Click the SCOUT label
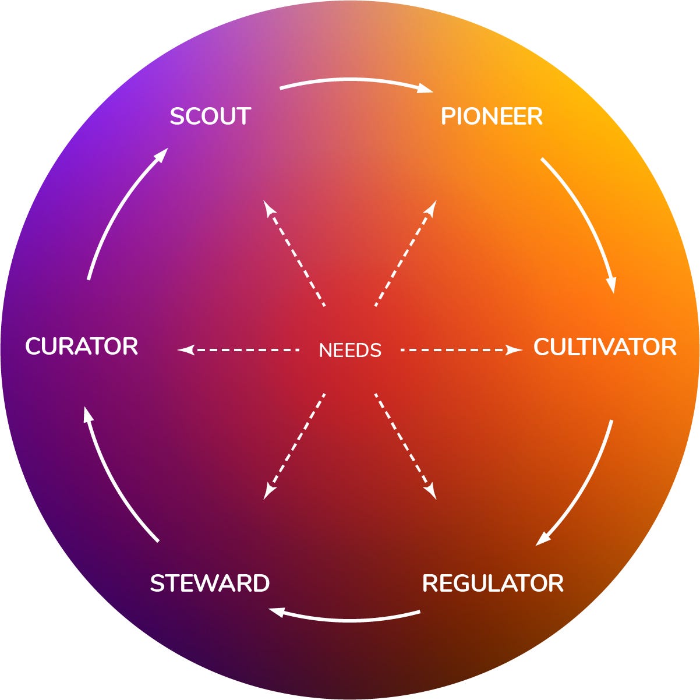[210, 116]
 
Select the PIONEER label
[492, 116]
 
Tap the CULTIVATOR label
[604, 347]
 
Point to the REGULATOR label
[493, 583]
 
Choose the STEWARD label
[210, 583]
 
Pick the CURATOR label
[82, 347]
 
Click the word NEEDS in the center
[350, 350]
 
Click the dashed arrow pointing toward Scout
[294, 253]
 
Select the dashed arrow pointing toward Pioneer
[406, 253]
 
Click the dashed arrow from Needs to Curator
[239, 350]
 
